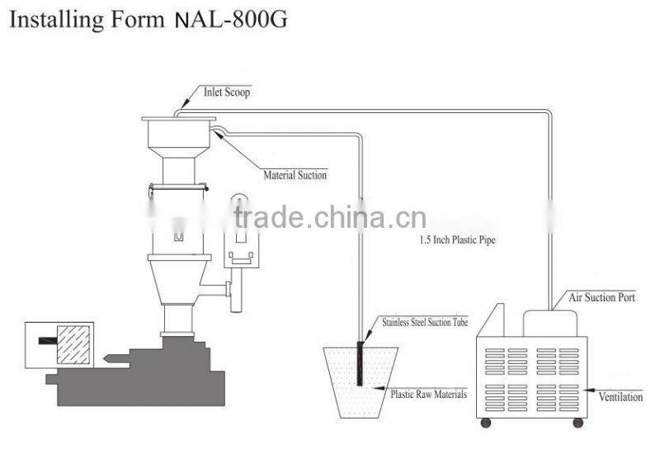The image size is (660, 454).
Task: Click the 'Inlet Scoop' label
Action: pyautogui.click(x=227, y=92)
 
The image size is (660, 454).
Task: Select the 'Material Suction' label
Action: pyautogui.click(x=295, y=175)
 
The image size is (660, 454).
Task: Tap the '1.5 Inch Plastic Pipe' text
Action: pyautogui.click(x=458, y=239)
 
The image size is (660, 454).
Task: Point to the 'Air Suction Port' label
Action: pyautogui.click(x=602, y=297)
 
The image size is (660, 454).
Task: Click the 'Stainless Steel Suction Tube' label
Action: pyautogui.click(x=425, y=322)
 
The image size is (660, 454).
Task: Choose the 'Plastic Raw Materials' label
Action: pyautogui.click(x=429, y=395)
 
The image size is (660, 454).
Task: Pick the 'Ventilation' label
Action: pyautogui.click(x=621, y=397)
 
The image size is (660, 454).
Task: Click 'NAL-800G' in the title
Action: pyautogui.click(x=231, y=19)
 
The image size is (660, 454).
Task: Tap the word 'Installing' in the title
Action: pyautogui.click(x=56, y=20)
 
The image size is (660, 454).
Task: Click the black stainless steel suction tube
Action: pyautogui.click(x=360, y=363)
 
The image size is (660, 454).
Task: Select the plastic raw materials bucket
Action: pyautogui.click(x=361, y=382)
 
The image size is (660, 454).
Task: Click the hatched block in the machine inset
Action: pyautogui.click(x=73, y=344)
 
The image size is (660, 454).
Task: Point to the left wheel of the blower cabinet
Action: pyautogui.click(x=486, y=423)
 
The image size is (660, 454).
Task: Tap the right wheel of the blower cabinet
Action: pyautogui.click(x=578, y=423)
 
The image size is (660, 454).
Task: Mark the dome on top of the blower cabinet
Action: pyautogui.click(x=549, y=324)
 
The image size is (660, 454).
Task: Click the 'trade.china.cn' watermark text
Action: pyautogui.click(x=330, y=217)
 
